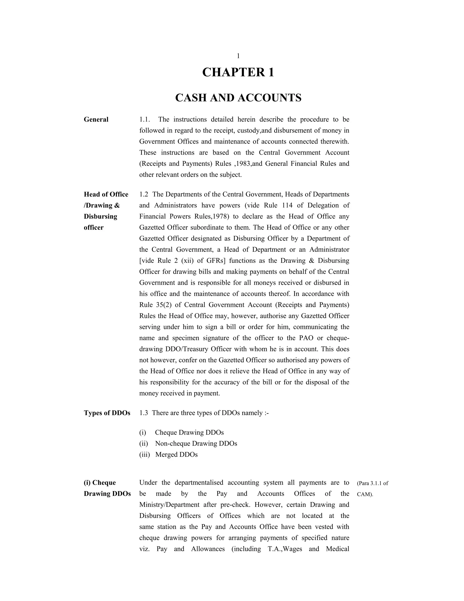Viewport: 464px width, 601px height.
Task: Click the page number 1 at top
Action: coord(238,56)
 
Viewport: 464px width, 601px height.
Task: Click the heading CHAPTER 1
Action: coord(238,72)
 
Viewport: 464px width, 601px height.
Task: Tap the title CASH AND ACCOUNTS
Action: coord(238,98)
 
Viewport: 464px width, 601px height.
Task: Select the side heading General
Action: coord(96,120)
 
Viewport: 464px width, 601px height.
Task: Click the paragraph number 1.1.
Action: coord(144,120)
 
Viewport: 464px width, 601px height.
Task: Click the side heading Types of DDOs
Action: coord(107,413)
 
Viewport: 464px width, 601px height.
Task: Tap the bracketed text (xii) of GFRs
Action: coord(188,261)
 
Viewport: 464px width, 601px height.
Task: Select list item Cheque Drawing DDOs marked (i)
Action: coord(189,432)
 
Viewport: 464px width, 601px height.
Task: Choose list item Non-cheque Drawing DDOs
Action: coord(196,444)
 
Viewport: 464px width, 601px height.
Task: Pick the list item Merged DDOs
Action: coord(176,454)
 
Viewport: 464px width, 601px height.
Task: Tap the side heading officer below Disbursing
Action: coord(94,227)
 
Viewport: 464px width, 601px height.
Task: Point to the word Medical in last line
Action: coord(337,549)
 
